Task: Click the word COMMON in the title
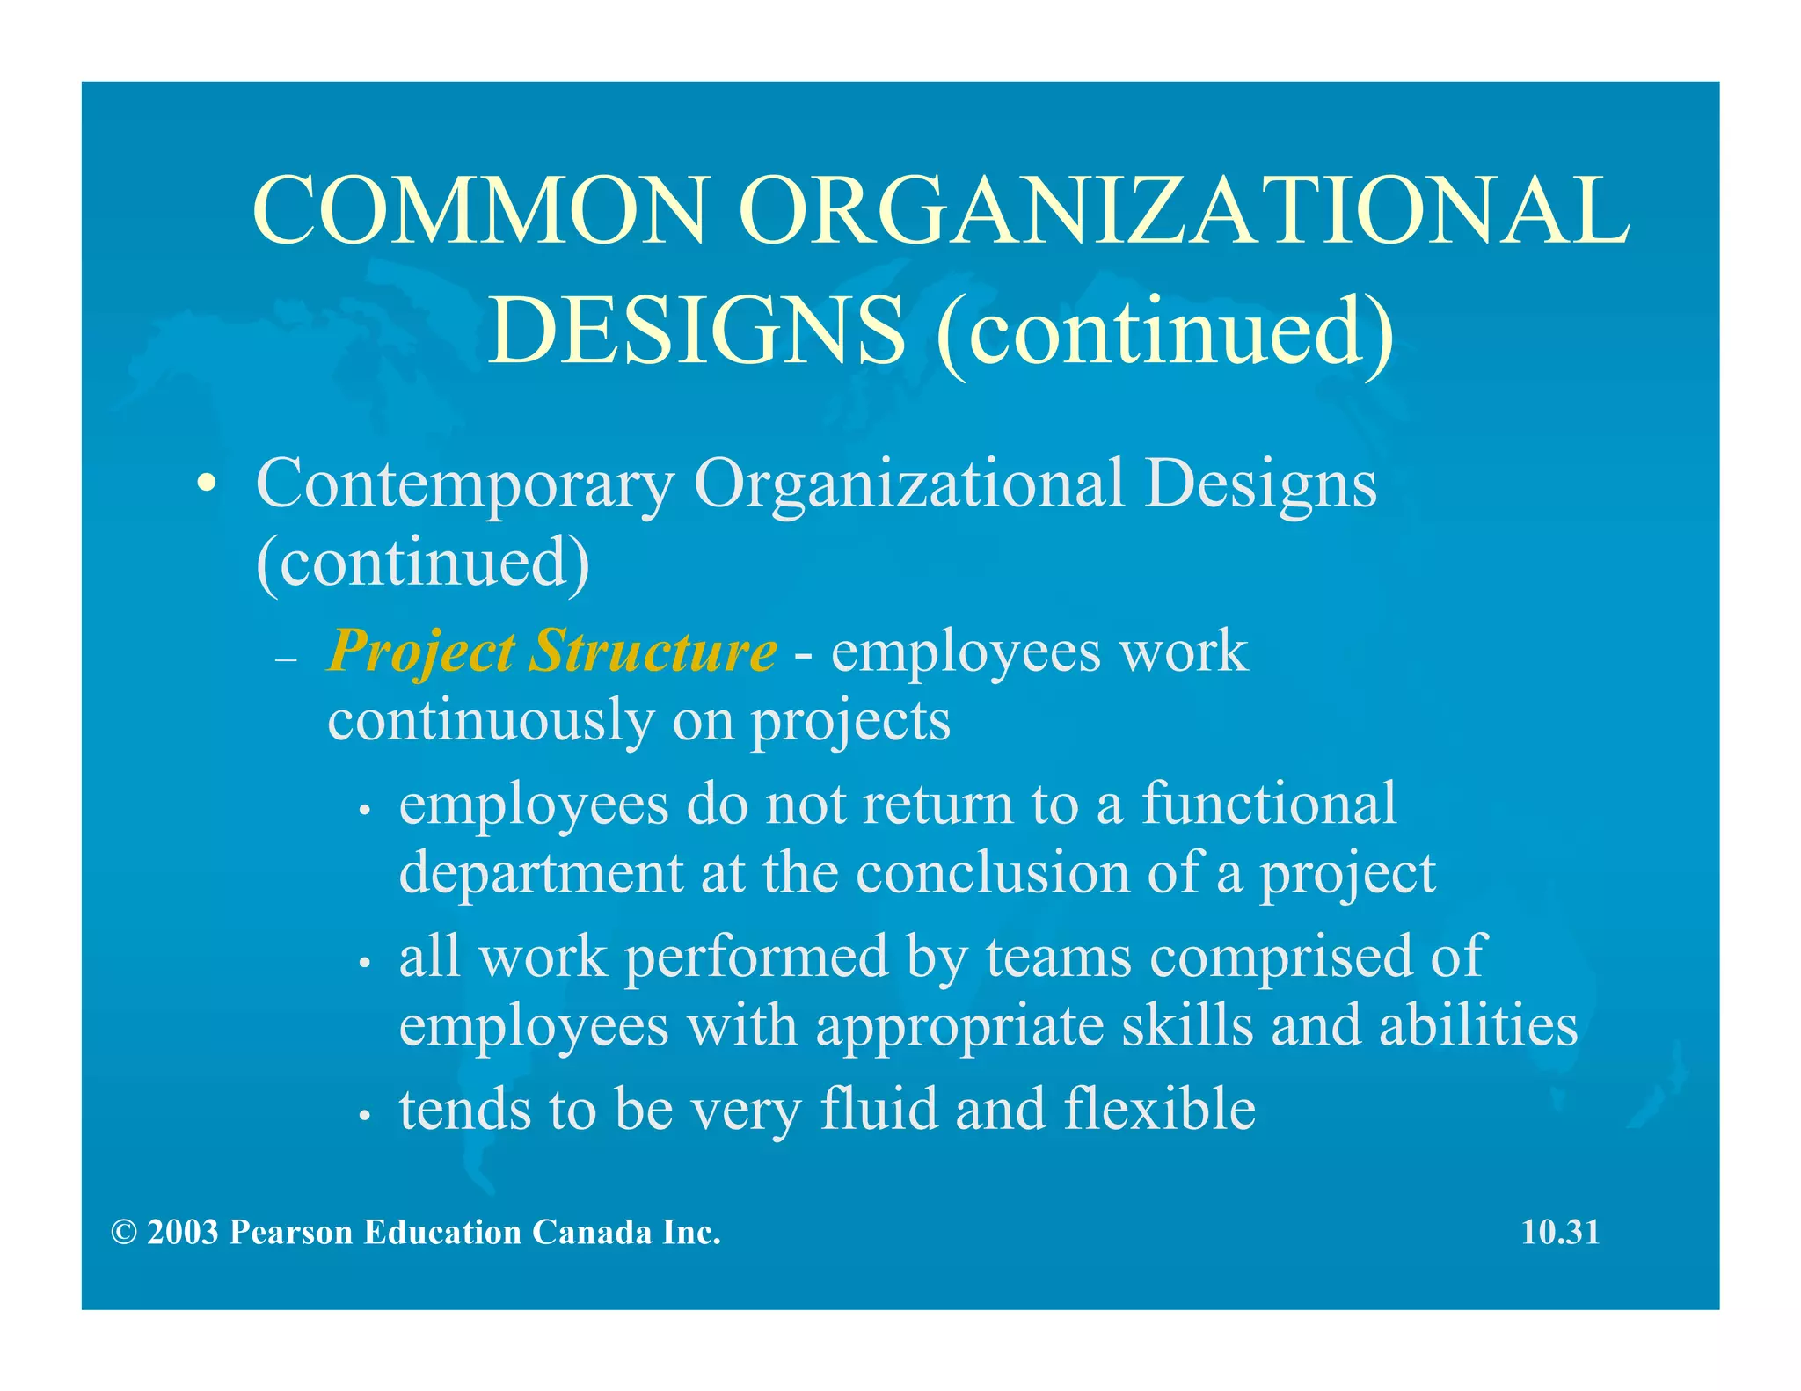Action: [479, 211]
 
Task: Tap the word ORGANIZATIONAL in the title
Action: [1184, 211]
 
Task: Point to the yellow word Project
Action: [420, 653]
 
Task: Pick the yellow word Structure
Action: [653, 652]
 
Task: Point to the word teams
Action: [1058, 956]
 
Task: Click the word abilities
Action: [1478, 1025]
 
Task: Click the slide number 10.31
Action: [1560, 1232]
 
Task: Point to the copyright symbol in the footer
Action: [123, 1233]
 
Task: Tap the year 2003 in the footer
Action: [182, 1233]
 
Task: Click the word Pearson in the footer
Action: [292, 1233]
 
